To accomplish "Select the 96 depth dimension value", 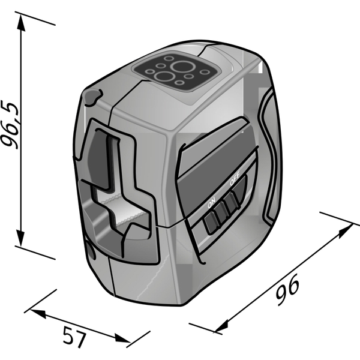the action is [x=287, y=289].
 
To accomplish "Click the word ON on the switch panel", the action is [x=211, y=202].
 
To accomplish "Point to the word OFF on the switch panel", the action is [x=235, y=179].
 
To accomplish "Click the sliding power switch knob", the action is [x=222, y=210].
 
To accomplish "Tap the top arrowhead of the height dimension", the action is [x=21, y=23].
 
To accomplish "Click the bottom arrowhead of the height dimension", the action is [x=21, y=238].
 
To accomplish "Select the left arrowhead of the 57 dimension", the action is [x=38, y=314].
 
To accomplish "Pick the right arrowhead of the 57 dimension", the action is [x=122, y=338].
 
